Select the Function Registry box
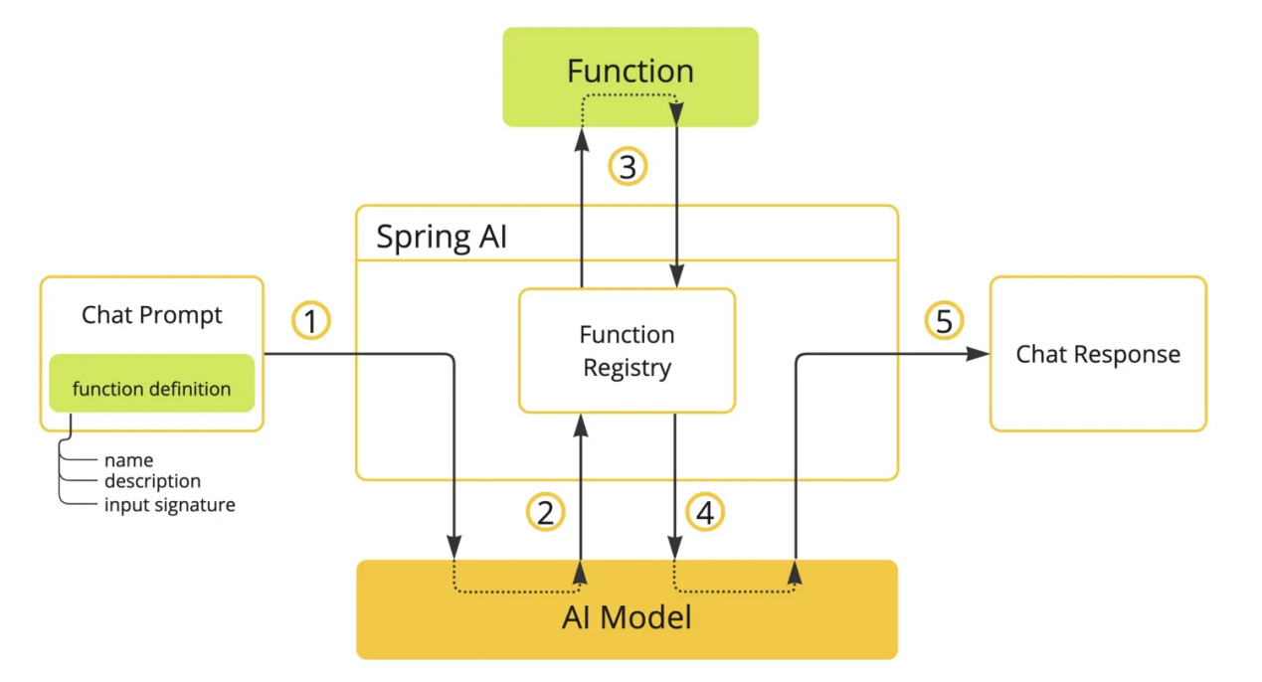click(627, 350)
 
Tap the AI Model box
click(627, 618)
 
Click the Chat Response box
click(1098, 354)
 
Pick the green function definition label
click(151, 389)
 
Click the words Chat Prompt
click(151, 315)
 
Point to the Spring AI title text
click(441, 238)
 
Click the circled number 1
click(310, 321)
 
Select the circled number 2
click(545, 512)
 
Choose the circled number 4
click(705, 512)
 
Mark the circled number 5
click(944, 321)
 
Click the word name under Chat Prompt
click(128, 460)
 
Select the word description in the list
click(152, 481)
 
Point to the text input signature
click(169, 505)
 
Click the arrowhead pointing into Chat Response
click(982, 354)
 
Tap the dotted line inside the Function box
click(630, 95)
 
